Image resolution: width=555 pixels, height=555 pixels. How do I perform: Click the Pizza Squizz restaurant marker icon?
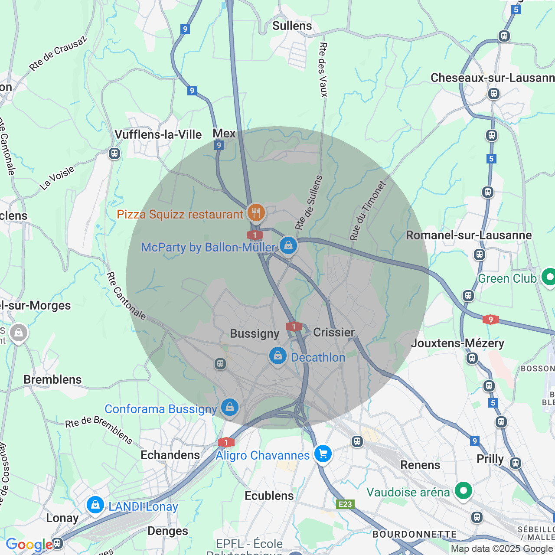pyautogui.click(x=256, y=212)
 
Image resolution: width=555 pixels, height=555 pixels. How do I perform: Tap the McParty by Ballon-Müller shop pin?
pyautogui.click(x=288, y=246)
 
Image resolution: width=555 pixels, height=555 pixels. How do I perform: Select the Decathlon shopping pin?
pyautogui.click(x=278, y=356)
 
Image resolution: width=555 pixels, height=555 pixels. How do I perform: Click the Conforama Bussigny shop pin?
pyautogui.click(x=230, y=407)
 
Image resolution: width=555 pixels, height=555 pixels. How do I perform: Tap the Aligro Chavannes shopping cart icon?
pyautogui.click(x=323, y=454)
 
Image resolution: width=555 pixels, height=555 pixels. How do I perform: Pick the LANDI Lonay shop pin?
pyautogui.click(x=95, y=505)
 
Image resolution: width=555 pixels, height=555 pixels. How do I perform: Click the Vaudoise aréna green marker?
pyautogui.click(x=464, y=491)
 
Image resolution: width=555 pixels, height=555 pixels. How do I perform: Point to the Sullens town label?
pyautogui.click(x=292, y=26)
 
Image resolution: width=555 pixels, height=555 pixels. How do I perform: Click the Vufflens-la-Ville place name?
pyautogui.click(x=158, y=134)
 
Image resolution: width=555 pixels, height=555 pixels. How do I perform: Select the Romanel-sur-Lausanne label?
pyautogui.click(x=468, y=235)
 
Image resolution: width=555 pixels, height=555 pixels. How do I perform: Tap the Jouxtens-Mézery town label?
pyautogui.click(x=457, y=343)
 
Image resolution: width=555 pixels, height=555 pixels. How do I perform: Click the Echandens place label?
pyautogui.click(x=170, y=455)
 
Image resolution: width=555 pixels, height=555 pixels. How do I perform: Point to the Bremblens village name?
pyautogui.click(x=52, y=379)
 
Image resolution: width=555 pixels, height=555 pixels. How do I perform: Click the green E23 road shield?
pyautogui.click(x=346, y=504)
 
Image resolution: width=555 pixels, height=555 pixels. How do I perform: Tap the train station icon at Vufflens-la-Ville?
pyautogui.click(x=114, y=153)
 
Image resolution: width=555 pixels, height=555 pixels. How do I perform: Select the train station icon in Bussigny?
pyautogui.click(x=220, y=364)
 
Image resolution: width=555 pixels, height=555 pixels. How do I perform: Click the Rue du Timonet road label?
pyautogui.click(x=368, y=211)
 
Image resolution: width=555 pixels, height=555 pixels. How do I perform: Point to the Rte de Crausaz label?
pyautogui.click(x=58, y=53)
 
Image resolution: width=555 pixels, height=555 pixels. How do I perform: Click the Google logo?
pyautogui.click(x=29, y=545)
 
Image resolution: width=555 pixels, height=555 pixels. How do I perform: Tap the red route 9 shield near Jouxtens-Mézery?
pyautogui.click(x=491, y=320)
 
